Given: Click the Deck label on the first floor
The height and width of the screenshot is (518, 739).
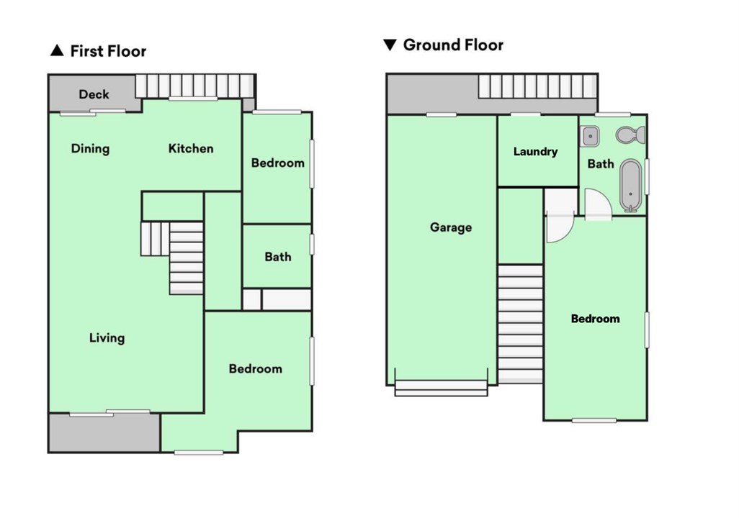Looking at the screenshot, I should [94, 94].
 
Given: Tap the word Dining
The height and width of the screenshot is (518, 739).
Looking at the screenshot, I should [90, 149].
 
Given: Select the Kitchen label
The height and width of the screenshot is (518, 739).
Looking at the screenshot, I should [191, 149].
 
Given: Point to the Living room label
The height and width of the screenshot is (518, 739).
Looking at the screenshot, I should [107, 337].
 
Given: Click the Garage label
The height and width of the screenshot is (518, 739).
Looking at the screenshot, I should [451, 227].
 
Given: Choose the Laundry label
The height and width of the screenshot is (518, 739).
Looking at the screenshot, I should [535, 152].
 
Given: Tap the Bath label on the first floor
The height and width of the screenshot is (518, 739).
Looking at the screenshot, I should [277, 257].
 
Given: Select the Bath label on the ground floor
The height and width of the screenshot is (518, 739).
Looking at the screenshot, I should [600, 164].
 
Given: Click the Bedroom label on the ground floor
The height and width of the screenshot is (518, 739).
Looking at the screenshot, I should [595, 319].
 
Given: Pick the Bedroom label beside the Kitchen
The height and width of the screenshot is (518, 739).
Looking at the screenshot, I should [277, 163].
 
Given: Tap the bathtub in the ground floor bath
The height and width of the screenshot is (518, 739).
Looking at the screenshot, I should [630, 186].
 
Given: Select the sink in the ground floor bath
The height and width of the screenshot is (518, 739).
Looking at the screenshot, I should [591, 135].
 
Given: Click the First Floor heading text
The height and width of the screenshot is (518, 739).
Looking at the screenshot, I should [107, 51].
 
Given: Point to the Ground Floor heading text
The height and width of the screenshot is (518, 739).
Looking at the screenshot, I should [453, 45].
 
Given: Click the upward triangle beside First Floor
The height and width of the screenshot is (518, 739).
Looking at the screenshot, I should [57, 51].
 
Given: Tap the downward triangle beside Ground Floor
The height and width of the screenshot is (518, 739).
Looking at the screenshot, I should [390, 45].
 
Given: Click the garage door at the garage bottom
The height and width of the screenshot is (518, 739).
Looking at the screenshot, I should [441, 388].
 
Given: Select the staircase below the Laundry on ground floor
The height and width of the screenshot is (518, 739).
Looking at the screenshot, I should [520, 324].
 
